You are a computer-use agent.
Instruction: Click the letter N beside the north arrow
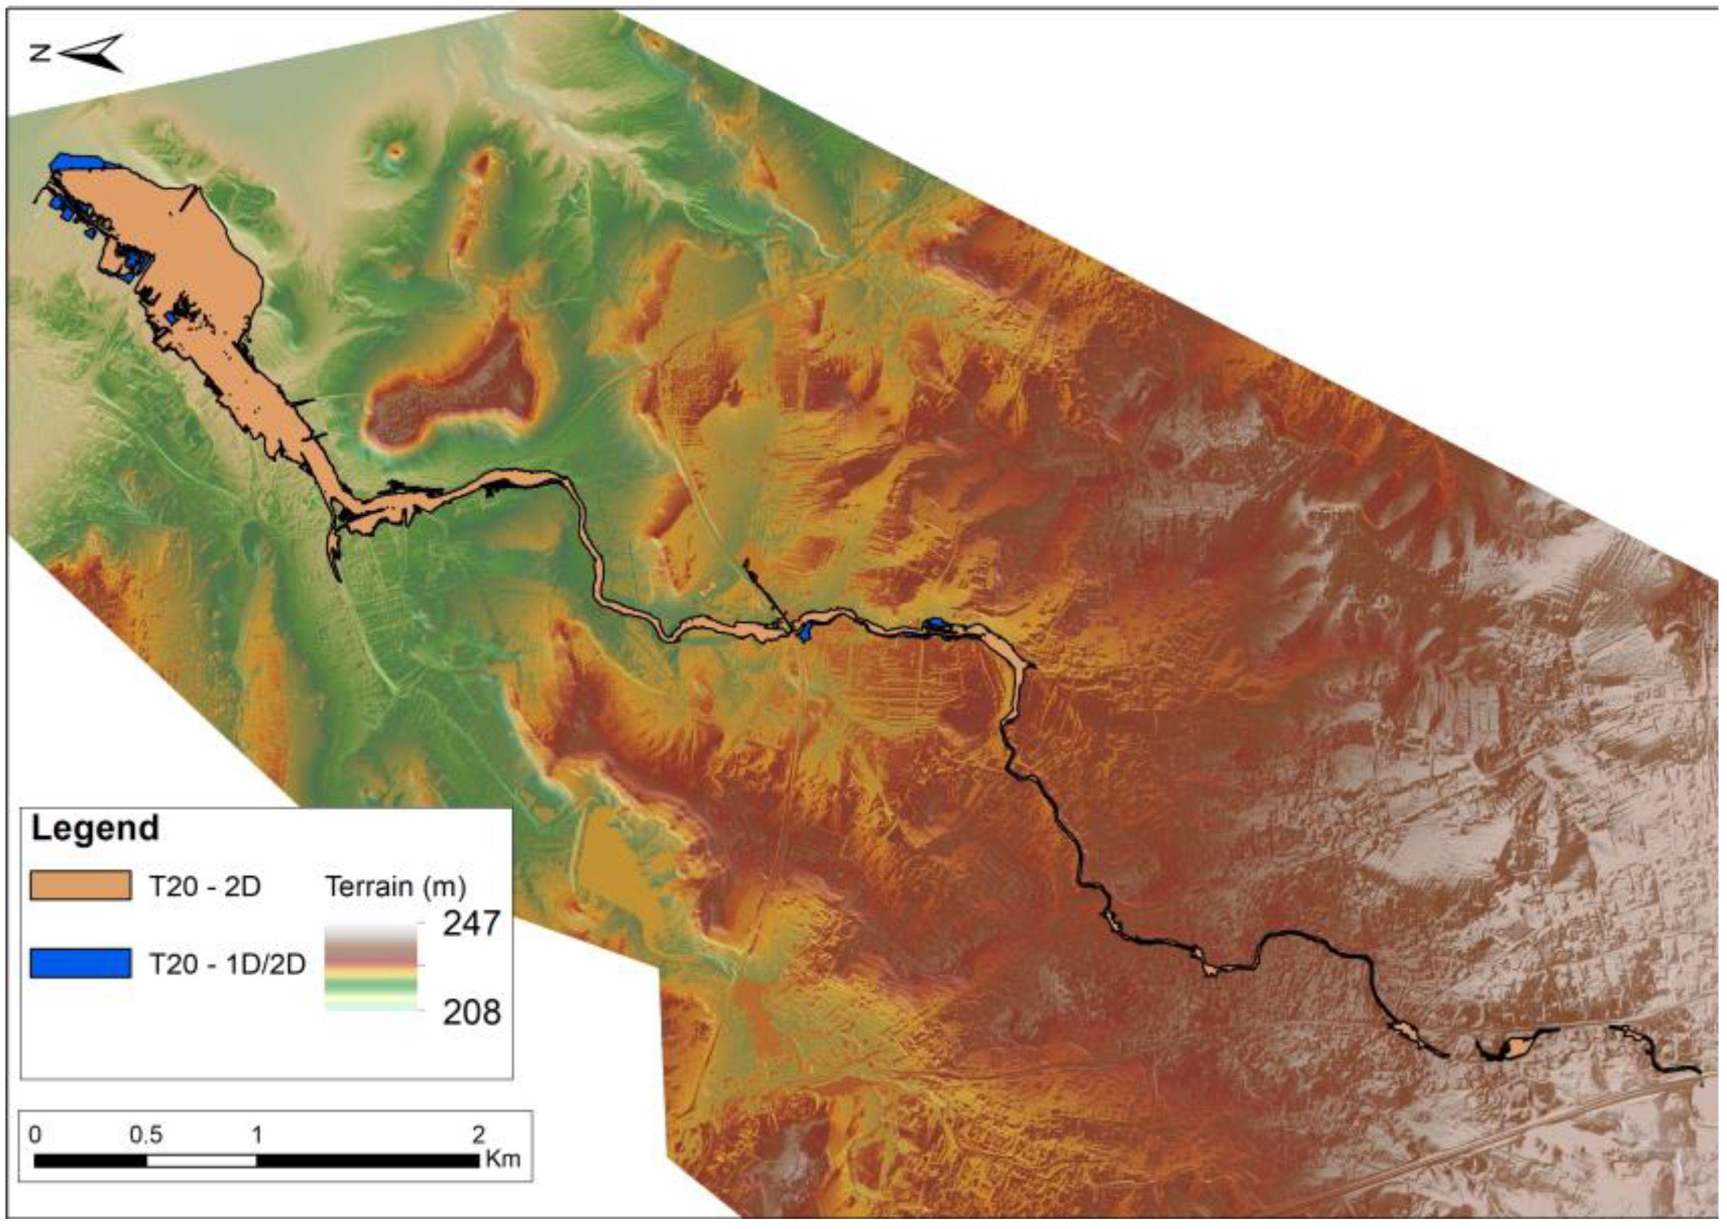[40, 52]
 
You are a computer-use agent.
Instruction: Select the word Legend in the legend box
[95, 828]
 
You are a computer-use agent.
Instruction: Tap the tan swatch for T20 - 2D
[80, 886]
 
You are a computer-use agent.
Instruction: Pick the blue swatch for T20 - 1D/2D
[80, 963]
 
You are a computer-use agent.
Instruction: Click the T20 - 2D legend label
[204, 886]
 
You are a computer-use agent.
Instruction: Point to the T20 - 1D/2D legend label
[227, 963]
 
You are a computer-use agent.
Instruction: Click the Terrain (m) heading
[396, 886]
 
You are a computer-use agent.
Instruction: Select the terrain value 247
[471, 924]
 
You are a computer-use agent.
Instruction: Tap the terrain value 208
[471, 1012]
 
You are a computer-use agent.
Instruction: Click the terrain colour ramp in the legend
[371, 966]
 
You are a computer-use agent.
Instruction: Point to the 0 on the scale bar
[35, 1134]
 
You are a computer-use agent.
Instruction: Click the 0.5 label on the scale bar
[146, 1134]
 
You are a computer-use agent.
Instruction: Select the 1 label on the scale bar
[257, 1134]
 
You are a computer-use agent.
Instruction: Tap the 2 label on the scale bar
[478, 1134]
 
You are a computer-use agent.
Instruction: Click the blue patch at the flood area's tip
[76, 162]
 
